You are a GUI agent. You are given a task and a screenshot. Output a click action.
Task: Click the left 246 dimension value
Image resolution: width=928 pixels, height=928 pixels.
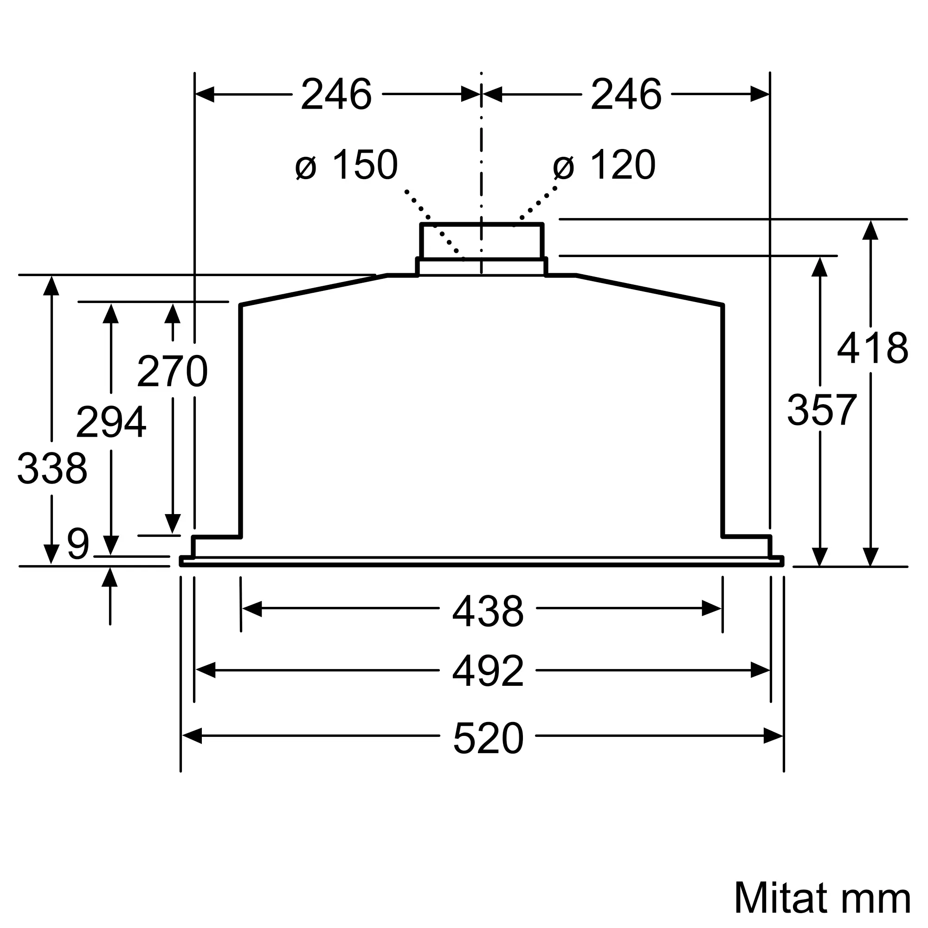point(336,94)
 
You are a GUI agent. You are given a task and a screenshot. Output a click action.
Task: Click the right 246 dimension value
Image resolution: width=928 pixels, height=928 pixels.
point(626,94)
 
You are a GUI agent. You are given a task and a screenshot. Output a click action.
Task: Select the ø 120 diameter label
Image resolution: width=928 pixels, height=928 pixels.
point(604,164)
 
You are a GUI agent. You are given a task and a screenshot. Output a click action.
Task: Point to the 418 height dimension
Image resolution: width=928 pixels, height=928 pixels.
point(873,348)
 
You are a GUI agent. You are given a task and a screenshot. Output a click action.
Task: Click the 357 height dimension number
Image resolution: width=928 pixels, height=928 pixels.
point(822,410)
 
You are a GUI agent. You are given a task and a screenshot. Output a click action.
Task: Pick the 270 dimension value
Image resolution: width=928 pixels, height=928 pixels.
point(173,371)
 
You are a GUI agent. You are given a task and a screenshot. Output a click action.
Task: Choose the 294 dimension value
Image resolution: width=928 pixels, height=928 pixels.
point(111,422)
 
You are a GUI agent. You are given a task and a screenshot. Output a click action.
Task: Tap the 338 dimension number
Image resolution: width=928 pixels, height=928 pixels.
point(52,468)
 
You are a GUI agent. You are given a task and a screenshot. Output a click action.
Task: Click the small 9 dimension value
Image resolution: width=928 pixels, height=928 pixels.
point(78,544)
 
